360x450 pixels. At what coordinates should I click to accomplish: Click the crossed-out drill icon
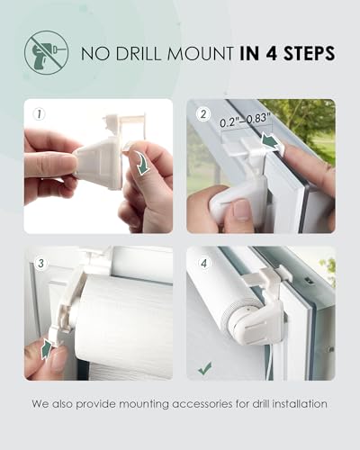coord(46,52)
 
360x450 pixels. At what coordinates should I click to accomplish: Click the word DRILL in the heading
coord(139,54)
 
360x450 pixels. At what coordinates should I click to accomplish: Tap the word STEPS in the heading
coord(309,53)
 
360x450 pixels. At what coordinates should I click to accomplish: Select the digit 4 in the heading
coord(272,54)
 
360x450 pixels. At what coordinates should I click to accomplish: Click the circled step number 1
coord(40,114)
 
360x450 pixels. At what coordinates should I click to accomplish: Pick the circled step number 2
coord(203,114)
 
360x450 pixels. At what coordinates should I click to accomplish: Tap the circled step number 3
coord(40,264)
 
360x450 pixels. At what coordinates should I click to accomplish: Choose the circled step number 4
coord(204,264)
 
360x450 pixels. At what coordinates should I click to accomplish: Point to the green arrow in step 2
coord(270,140)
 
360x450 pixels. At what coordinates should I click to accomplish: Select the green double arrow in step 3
coord(46,347)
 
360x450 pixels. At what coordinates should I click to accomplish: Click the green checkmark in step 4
coord(205,368)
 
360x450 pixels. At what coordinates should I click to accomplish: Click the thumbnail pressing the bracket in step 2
coord(242,209)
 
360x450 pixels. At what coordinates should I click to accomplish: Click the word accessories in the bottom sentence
coord(202,404)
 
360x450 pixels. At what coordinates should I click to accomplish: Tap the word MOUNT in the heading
coord(200,54)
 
